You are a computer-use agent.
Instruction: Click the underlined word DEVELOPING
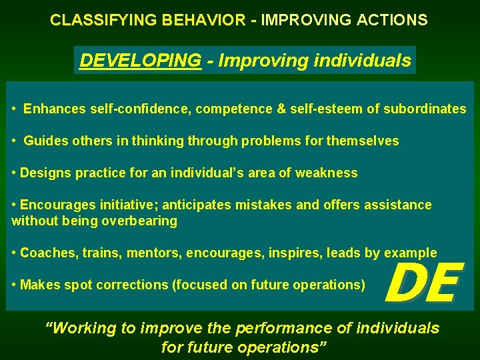click(x=140, y=61)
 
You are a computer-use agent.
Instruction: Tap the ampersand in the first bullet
click(x=281, y=109)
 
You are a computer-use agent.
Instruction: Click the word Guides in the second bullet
click(x=44, y=141)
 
